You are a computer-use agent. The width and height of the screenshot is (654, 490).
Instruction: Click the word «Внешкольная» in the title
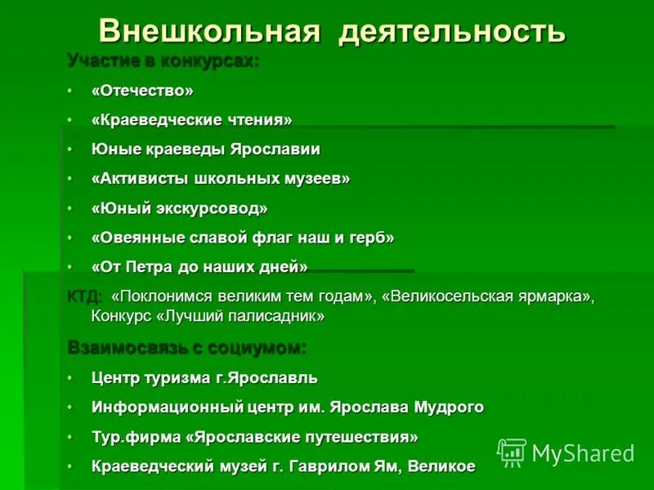click(208, 30)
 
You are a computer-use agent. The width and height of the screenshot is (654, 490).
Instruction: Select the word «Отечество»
click(143, 91)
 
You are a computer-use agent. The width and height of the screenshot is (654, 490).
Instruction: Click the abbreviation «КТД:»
click(84, 296)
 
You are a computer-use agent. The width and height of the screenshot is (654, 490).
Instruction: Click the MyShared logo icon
click(512, 452)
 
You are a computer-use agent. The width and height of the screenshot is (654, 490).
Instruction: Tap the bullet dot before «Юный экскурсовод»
click(71, 209)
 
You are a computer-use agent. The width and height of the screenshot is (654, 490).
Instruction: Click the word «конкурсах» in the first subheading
click(213, 60)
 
